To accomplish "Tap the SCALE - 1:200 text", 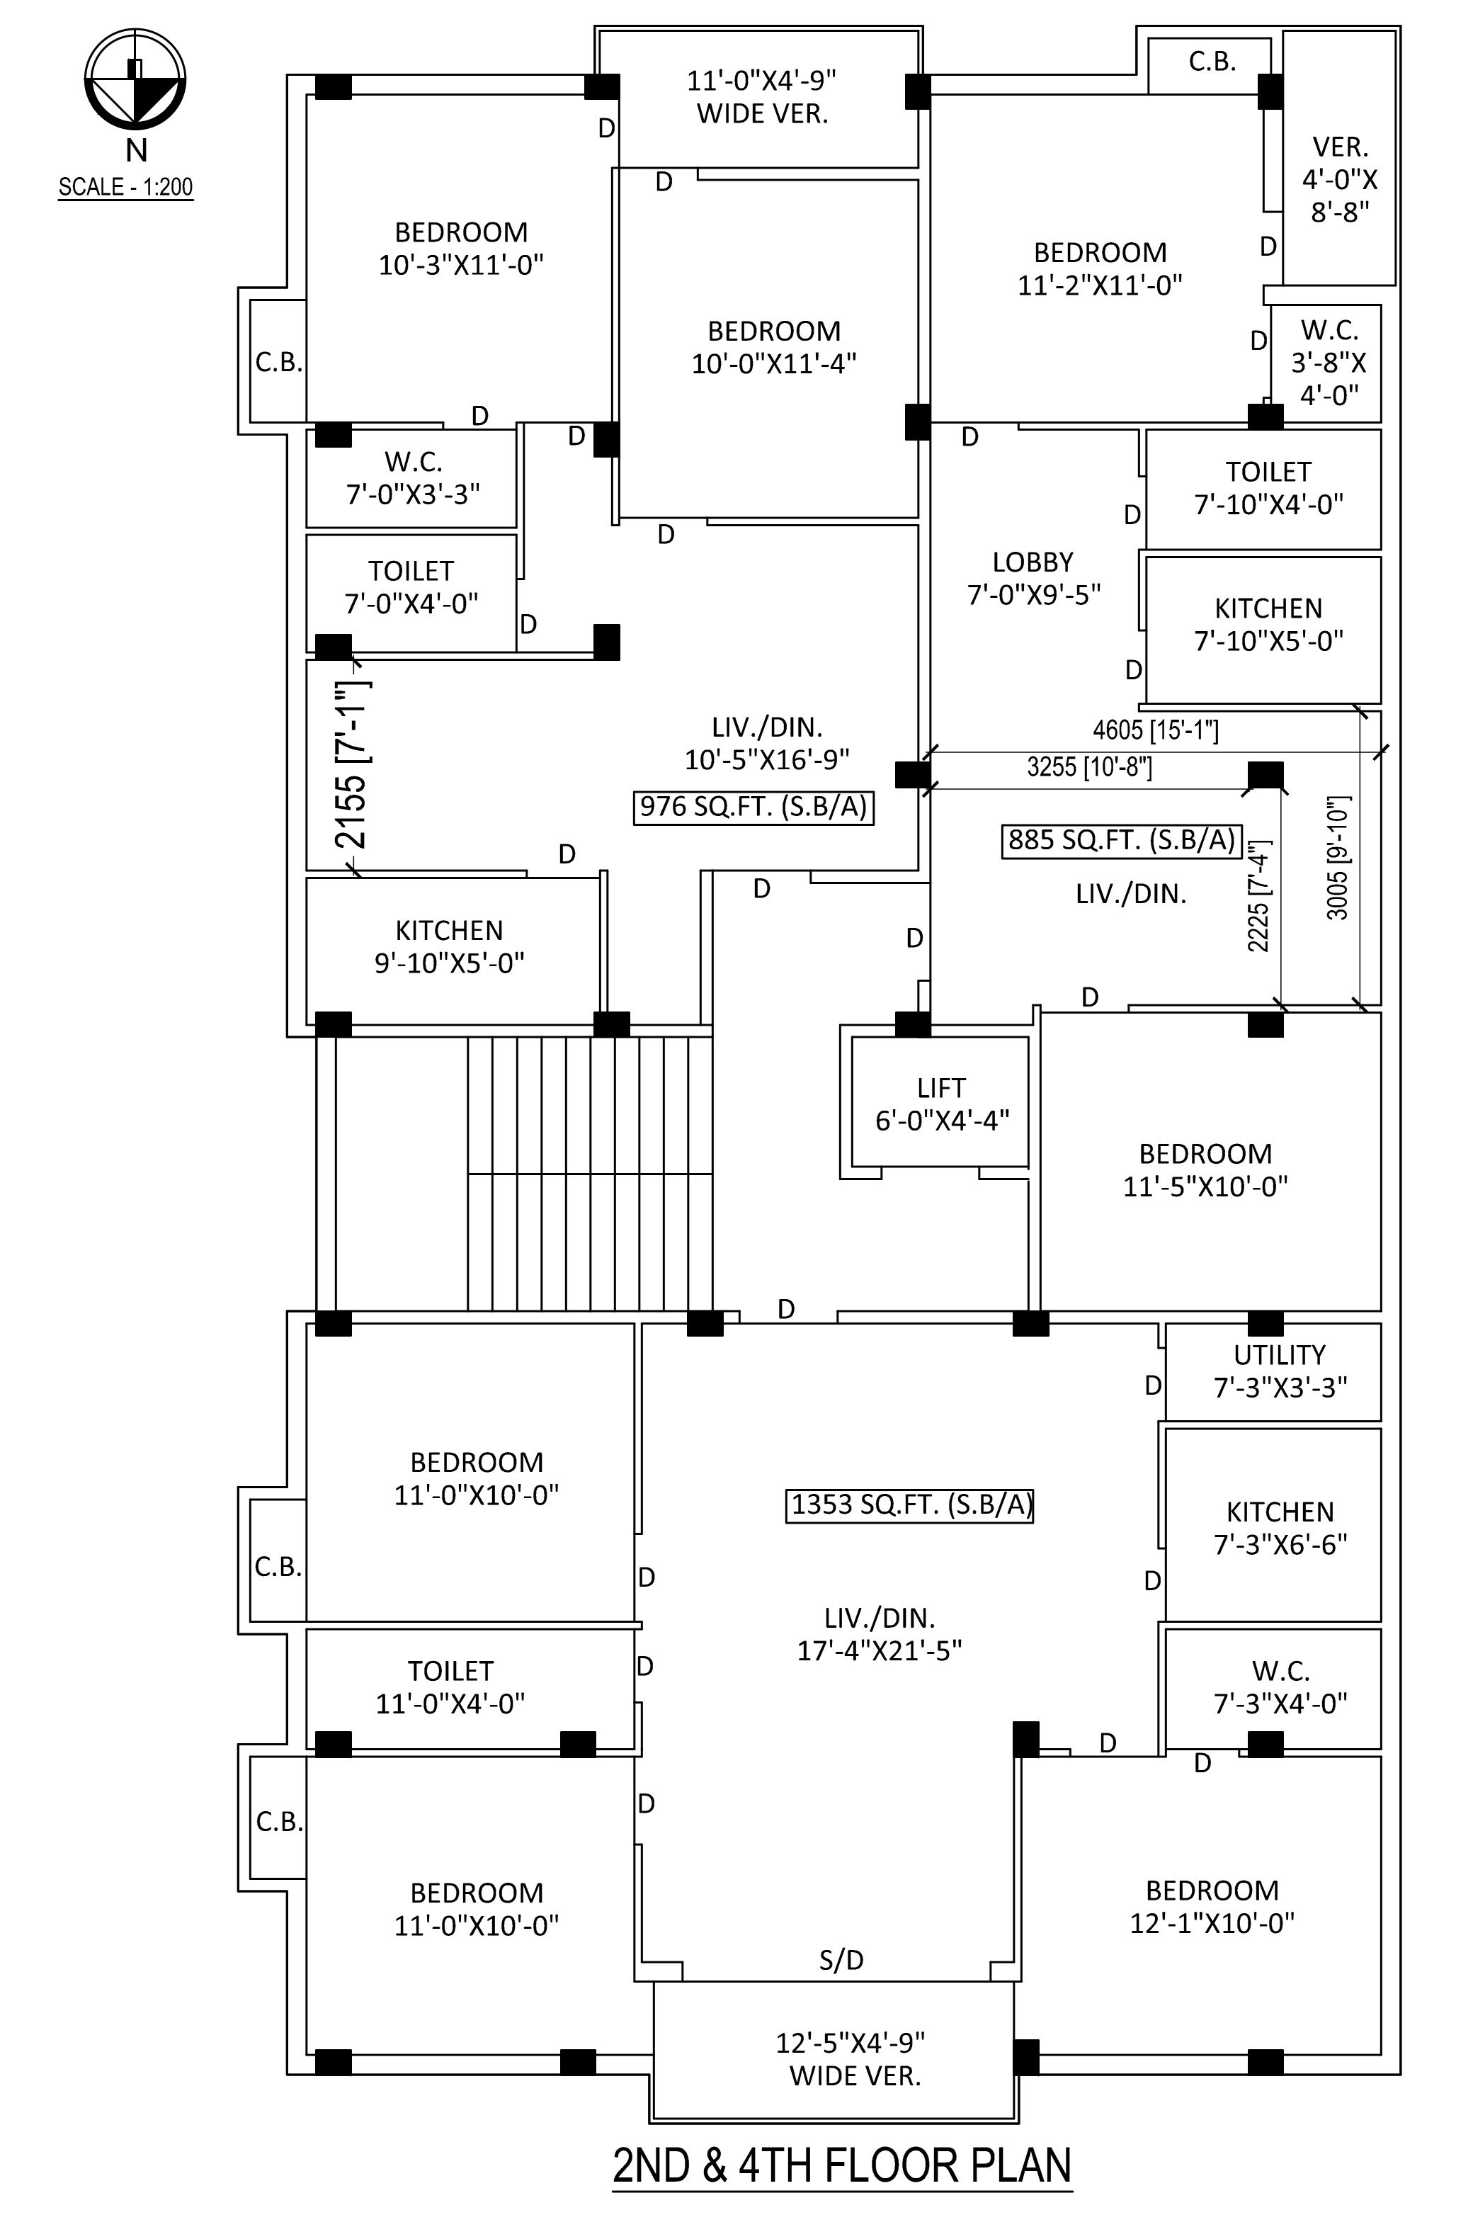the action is click(x=126, y=186).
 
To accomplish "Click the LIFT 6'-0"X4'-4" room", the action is click(x=940, y=1102).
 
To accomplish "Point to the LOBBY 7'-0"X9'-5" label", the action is click(x=1033, y=578).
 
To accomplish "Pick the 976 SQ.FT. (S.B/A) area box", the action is click(x=753, y=807).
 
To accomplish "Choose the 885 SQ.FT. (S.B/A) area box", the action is click(x=1122, y=840).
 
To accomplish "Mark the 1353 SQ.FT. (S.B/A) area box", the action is click(x=909, y=1504).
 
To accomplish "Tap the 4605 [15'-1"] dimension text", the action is click(x=1156, y=729).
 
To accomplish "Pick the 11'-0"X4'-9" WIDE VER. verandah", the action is click(x=759, y=98).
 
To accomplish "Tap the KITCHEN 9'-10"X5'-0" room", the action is click(x=453, y=950).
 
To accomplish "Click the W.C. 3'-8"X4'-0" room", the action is click(x=1326, y=363).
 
